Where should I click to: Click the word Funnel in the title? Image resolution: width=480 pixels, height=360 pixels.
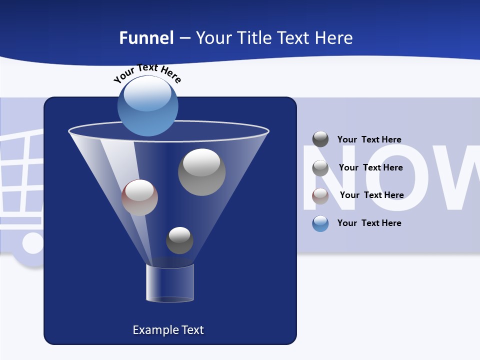pos(146,38)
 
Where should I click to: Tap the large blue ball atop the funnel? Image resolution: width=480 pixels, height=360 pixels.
pos(147,105)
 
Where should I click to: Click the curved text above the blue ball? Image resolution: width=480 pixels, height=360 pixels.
pos(147,72)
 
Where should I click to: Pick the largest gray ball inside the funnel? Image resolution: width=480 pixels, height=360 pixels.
pos(201,172)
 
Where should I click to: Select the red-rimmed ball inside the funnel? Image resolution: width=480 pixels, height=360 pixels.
pos(139,197)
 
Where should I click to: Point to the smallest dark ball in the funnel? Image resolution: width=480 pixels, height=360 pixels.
pos(179,240)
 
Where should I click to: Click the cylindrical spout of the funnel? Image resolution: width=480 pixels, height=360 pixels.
pos(170,283)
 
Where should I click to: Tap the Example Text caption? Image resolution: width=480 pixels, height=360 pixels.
pos(168,330)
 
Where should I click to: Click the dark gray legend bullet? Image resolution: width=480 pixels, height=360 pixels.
pos(320,139)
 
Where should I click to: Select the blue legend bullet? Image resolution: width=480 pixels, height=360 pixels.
pos(320,223)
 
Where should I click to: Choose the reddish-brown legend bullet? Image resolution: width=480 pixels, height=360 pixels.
pos(320,195)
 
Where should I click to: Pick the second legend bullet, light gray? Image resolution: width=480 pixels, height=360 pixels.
pos(320,167)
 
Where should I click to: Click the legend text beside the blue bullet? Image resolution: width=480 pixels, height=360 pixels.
pos(369,223)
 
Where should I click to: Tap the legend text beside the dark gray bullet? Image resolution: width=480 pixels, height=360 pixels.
pos(369,139)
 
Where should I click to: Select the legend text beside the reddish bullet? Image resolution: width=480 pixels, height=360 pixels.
pos(371,195)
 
